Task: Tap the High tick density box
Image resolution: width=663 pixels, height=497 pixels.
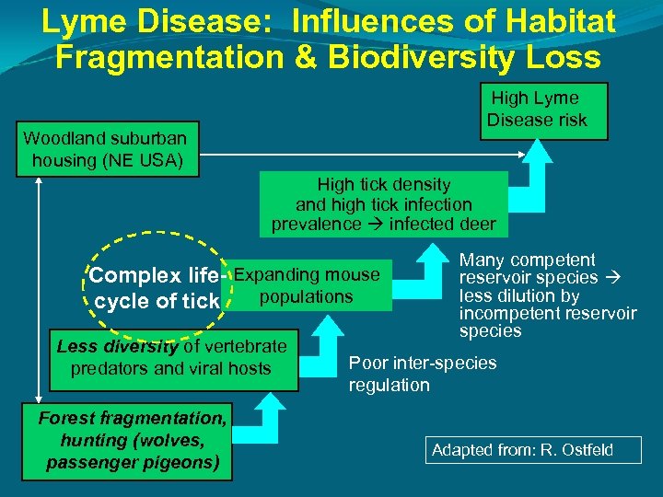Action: point(383,204)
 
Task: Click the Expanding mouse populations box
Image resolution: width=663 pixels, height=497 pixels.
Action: point(307,285)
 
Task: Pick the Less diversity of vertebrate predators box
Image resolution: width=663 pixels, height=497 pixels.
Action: point(171,358)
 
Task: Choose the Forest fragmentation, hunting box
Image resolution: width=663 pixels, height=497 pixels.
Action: point(133,441)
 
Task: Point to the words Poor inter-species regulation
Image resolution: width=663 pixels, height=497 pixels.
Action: point(422,374)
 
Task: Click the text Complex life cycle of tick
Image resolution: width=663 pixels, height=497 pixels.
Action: point(154,288)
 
